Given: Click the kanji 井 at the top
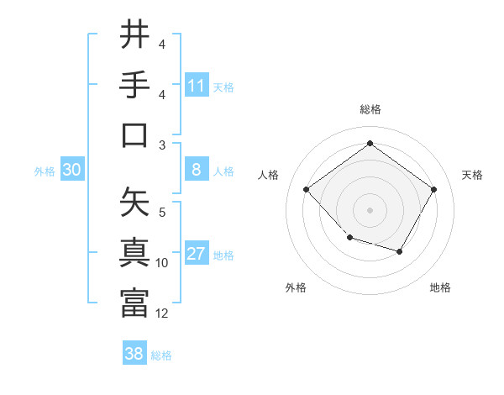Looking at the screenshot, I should [134, 35].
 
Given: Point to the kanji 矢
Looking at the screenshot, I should [134, 202].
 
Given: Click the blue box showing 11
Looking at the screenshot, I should [197, 86].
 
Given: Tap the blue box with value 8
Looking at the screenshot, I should [197, 171].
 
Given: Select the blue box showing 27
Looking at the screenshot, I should [197, 255].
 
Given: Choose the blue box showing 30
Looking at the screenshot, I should [71, 171].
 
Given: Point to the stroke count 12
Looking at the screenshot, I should [162, 313].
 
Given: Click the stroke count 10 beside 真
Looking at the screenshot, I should [162, 263].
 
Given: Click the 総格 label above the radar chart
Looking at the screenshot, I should [370, 109].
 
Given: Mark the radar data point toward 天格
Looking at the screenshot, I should [433, 189].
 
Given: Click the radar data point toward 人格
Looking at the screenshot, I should [307, 189].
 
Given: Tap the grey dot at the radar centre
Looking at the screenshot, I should [370, 209].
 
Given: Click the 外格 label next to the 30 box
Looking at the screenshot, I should [45, 171].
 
